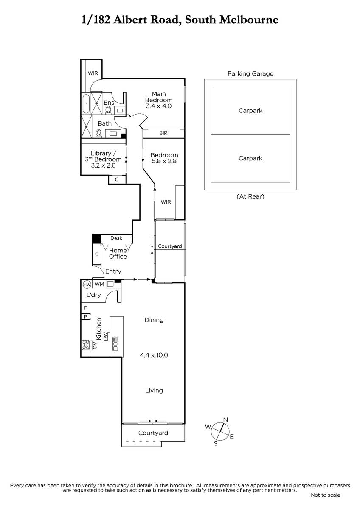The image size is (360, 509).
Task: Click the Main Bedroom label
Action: [x=159, y=97]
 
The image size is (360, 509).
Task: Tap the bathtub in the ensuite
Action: [x=86, y=104]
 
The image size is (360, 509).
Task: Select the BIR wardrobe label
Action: [x=163, y=133]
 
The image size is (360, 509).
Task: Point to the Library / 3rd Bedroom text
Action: [x=103, y=156]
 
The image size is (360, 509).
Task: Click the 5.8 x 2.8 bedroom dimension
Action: [x=164, y=161]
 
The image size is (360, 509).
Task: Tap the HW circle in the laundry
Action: [x=87, y=285]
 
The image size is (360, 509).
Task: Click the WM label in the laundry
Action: [x=99, y=284]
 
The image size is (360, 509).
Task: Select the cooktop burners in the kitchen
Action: [x=86, y=345]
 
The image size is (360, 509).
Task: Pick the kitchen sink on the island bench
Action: [x=115, y=343]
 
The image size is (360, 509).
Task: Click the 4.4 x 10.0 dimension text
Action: [x=154, y=355]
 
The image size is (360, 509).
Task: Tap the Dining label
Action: [x=154, y=320]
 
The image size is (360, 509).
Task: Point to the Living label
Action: [x=154, y=390]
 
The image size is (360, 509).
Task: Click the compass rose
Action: [x=220, y=431]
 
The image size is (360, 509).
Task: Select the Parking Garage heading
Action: [x=250, y=74]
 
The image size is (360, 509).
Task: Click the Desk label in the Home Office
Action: [x=116, y=238]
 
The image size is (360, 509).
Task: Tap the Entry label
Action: [x=113, y=271]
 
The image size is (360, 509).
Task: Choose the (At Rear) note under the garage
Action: [x=250, y=196]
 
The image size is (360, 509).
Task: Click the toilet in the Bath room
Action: [x=98, y=133]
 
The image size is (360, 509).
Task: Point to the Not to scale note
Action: [x=326, y=495]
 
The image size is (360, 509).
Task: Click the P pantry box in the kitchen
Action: [x=86, y=316]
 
